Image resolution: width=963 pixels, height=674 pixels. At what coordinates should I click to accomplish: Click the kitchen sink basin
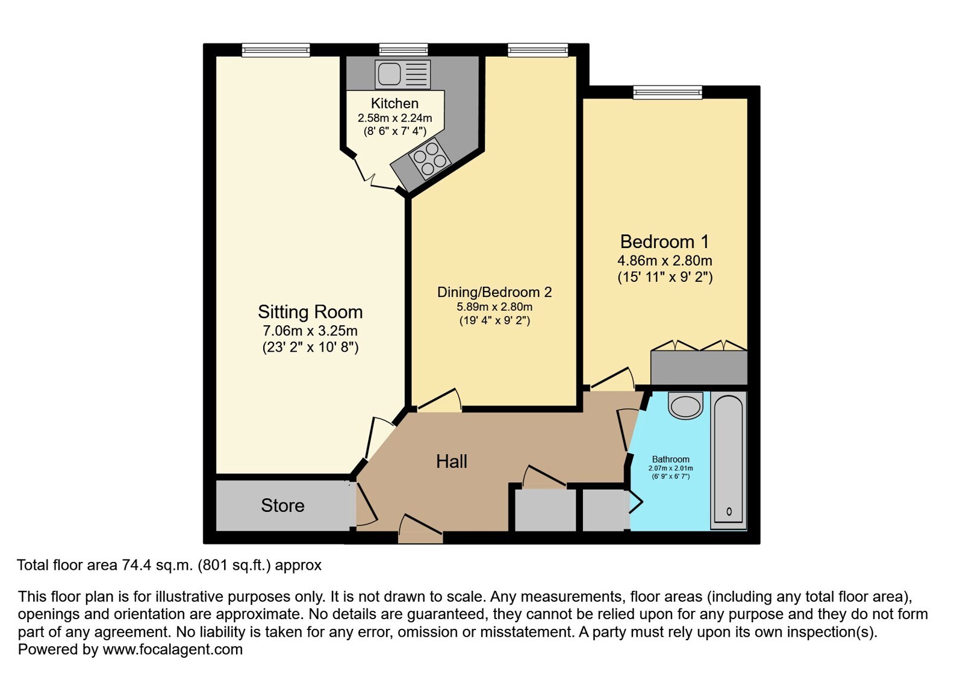click(x=390, y=73)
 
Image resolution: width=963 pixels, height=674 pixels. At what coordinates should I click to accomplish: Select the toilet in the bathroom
click(x=685, y=405)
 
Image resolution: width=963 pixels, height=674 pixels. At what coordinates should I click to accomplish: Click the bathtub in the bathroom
click(x=728, y=460)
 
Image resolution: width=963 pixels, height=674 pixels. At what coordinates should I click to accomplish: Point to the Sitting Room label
click(x=310, y=312)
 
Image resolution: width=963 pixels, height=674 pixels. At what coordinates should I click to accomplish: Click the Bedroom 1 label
click(x=664, y=242)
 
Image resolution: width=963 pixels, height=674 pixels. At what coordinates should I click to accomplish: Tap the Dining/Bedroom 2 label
click(x=494, y=292)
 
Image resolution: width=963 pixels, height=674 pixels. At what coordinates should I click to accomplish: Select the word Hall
click(x=452, y=461)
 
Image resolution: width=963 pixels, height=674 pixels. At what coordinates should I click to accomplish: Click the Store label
click(x=282, y=505)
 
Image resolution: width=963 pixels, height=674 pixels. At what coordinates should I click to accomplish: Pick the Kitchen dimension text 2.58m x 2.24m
click(x=394, y=118)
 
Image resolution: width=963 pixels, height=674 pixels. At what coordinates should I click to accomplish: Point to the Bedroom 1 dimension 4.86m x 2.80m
click(x=665, y=260)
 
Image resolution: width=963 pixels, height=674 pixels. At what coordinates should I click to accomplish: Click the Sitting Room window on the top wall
click(x=276, y=50)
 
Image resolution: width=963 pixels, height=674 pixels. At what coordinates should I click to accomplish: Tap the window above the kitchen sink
click(x=404, y=50)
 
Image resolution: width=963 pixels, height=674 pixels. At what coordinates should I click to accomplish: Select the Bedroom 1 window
click(x=667, y=92)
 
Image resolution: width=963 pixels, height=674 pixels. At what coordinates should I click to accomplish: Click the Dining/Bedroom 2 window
click(x=538, y=50)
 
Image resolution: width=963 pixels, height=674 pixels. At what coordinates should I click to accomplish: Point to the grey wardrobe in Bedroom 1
click(x=699, y=367)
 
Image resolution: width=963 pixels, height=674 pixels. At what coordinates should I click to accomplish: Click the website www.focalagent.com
click(x=172, y=649)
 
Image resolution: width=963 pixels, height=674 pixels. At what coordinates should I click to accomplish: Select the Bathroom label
click(x=671, y=459)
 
